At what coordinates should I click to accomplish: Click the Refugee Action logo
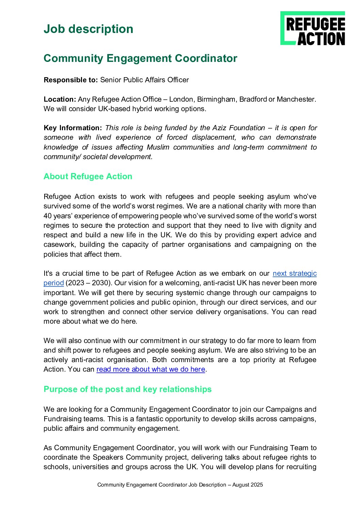point(312,28)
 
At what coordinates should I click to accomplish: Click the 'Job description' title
point(88,29)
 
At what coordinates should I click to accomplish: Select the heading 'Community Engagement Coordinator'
point(140,58)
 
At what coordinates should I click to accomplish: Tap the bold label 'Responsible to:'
point(71,80)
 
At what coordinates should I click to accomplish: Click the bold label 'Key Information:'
point(73,128)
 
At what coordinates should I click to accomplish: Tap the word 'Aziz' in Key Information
point(219,128)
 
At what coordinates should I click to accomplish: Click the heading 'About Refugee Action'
point(88,176)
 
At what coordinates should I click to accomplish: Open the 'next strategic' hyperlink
point(295,273)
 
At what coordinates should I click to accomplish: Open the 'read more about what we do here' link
point(151,369)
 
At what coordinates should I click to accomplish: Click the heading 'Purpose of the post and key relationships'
point(128,389)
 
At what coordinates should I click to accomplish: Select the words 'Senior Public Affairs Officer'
point(144,80)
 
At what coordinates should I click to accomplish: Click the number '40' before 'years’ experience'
point(48,216)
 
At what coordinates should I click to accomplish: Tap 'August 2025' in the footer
point(247,485)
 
